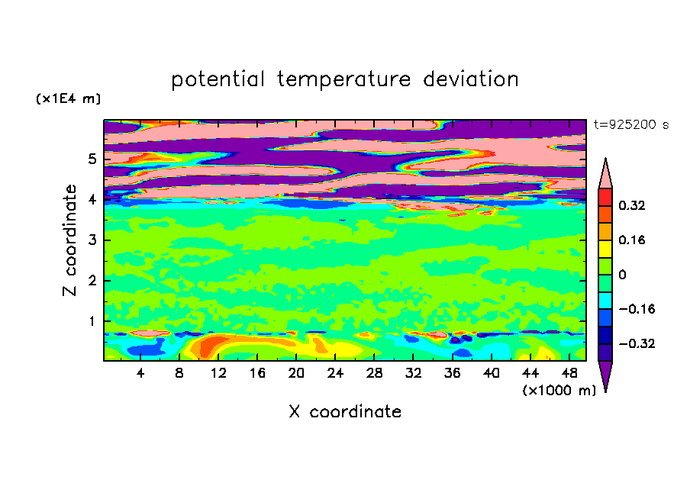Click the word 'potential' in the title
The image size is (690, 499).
[x=218, y=79]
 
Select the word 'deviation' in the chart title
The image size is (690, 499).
[x=471, y=79]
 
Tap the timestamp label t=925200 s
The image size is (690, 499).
[x=631, y=125]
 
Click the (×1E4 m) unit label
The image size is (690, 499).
[x=68, y=98]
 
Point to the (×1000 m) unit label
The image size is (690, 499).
[x=559, y=391]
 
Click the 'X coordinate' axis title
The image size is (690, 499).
[x=345, y=412]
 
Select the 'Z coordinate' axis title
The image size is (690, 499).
[x=69, y=240]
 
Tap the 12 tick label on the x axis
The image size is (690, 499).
[x=218, y=374]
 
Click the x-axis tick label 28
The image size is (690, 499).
[x=374, y=374]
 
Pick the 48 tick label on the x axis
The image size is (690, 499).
[x=569, y=374]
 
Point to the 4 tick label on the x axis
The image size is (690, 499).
[x=140, y=374]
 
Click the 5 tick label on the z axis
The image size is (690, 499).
[x=92, y=159]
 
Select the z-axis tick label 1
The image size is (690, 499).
[x=92, y=321]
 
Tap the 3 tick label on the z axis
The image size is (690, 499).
[x=92, y=240]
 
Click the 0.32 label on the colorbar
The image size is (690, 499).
[x=631, y=205]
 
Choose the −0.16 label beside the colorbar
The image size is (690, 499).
[x=637, y=309]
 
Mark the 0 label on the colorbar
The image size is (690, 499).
[x=622, y=275]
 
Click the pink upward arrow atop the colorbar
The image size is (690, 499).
[x=605, y=173]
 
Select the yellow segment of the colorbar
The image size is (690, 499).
[x=605, y=249]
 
